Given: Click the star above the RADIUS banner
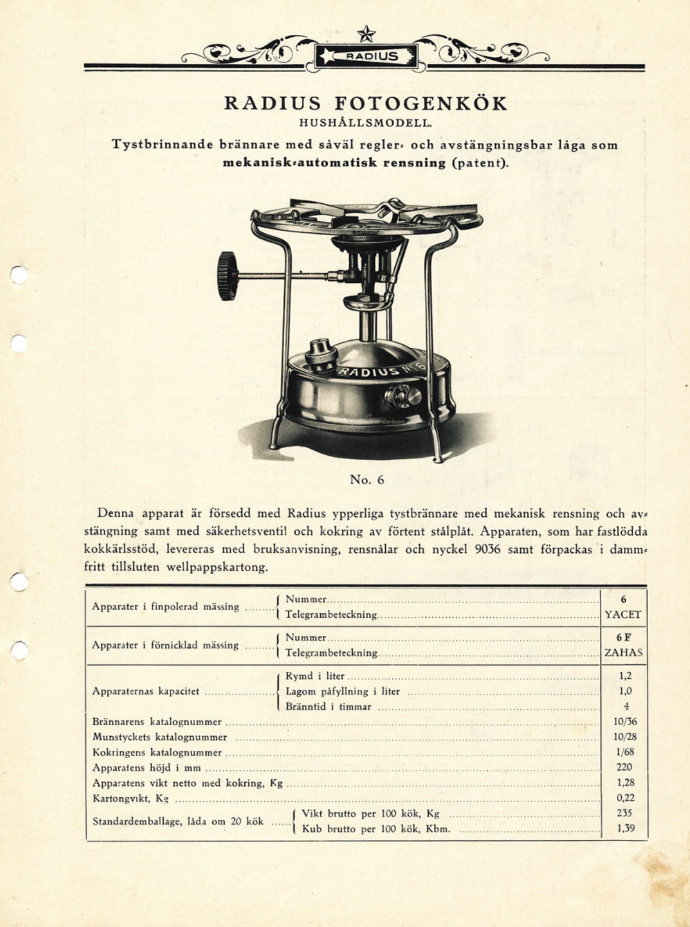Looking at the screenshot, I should pyautogui.click(x=366, y=34).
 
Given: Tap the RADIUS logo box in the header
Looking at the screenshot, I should pyautogui.click(x=366, y=56).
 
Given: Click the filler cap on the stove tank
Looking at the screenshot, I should pyautogui.click(x=320, y=354).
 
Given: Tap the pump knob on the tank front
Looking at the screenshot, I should pyautogui.click(x=404, y=396).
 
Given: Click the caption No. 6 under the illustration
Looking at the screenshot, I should pyautogui.click(x=367, y=480).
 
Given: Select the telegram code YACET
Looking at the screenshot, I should pyautogui.click(x=623, y=615).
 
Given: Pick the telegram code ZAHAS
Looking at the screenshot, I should pyautogui.click(x=623, y=652).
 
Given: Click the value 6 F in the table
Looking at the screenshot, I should pyautogui.click(x=623, y=637).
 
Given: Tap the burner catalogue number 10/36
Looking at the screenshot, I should pyautogui.click(x=625, y=721).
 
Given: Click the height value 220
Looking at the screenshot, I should pyautogui.click(x=624, y=767).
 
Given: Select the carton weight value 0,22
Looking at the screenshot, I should pyautogui.click(x=625, y=798).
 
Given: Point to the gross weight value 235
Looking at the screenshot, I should pyautogui.click(x=625, y=813).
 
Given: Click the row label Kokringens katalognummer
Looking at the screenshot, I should pyautogui.click(x=157, y=753).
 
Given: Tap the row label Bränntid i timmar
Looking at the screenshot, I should pyautogui.click(x=328, y=707).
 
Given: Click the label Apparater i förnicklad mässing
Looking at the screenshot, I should pyautogui.click(x=165, y=645).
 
